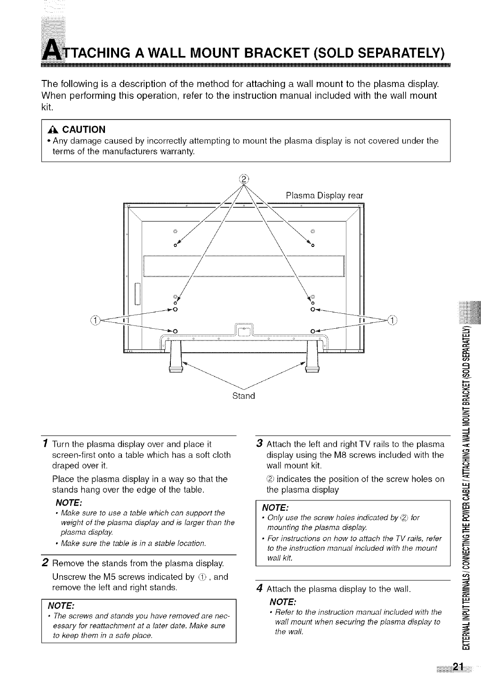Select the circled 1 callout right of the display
392,320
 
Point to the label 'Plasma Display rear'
324,195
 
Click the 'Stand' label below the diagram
244,396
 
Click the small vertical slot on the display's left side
137,294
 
